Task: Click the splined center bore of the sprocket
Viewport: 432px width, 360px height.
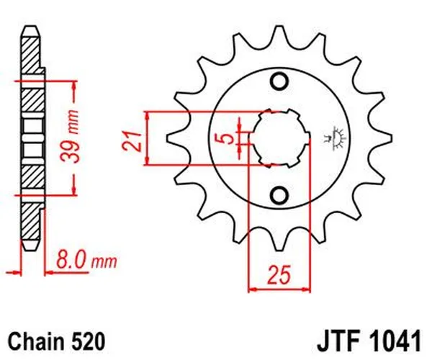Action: click(x=278, y=137)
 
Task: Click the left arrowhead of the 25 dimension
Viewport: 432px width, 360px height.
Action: click(x=253, y=291)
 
